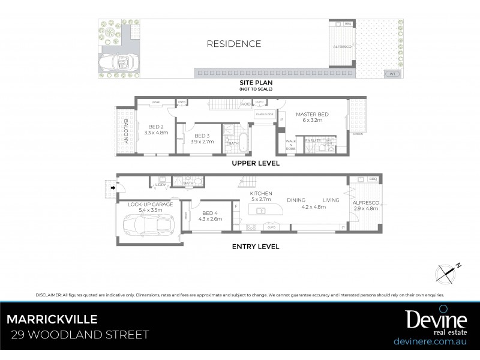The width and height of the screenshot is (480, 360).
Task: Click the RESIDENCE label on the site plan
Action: tap(234, 44)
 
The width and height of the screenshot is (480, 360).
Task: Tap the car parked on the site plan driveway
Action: tap(120, 62)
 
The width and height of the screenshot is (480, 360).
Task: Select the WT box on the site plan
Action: tap(392, 74)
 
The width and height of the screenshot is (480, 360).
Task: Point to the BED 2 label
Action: tap(156, 126)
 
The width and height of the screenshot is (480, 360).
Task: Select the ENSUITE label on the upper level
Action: tap(313, 140)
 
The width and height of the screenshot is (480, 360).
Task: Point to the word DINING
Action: tap(296, 200)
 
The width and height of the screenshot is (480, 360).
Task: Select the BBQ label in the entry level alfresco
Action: tap(372, 179)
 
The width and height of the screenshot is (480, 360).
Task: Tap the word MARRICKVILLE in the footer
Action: tap(52, 319)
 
